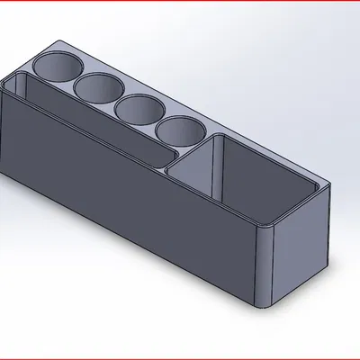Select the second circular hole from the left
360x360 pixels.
99,88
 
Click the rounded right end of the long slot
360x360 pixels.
171,157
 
